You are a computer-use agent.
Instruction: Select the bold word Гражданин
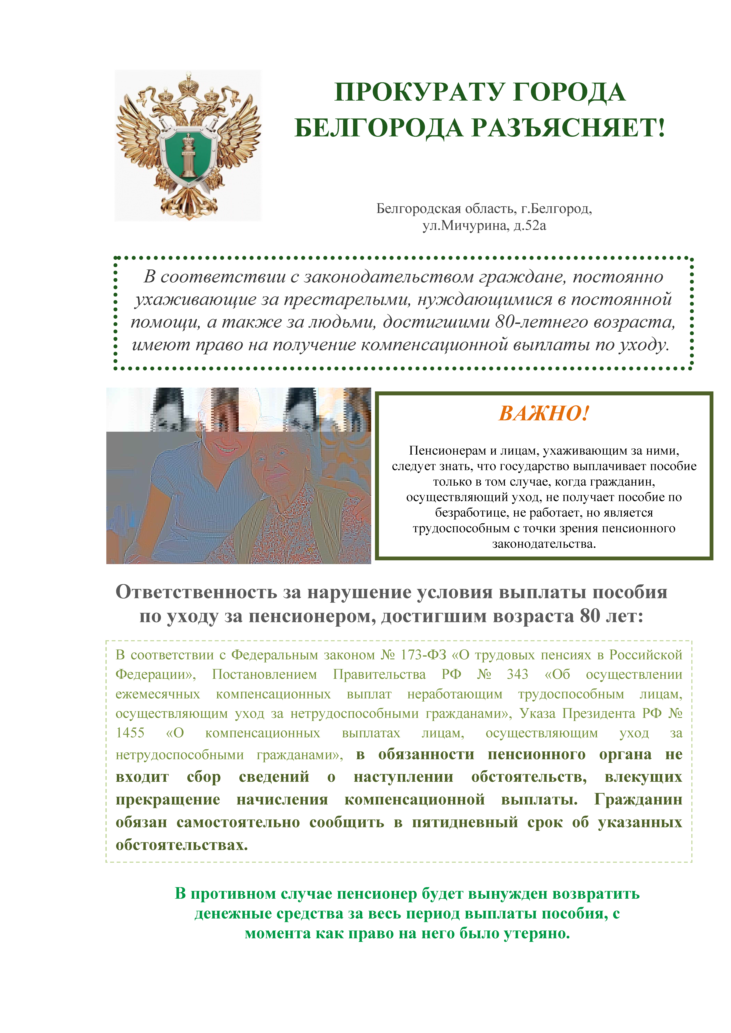(638, 800)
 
